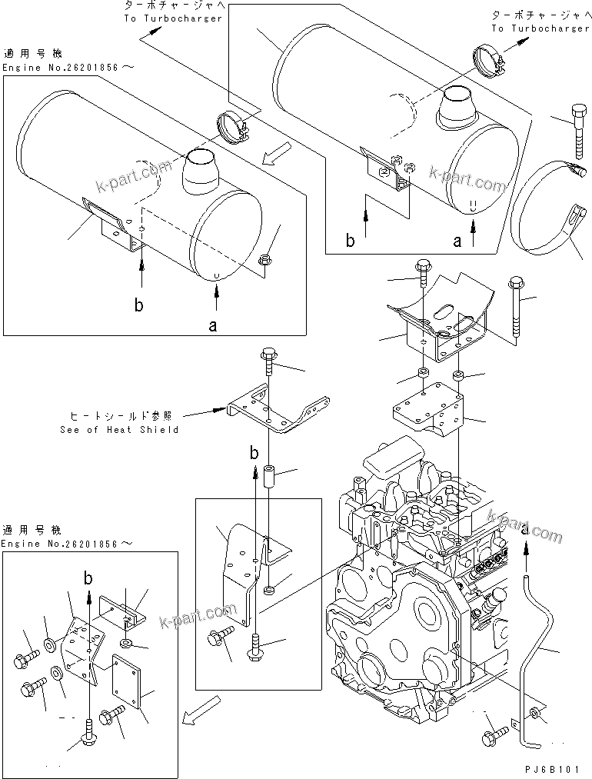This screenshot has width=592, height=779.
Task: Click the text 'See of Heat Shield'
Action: (119, 429)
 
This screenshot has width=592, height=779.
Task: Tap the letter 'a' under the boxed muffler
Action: (213, 326)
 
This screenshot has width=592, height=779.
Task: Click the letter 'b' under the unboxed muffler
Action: (350, 241)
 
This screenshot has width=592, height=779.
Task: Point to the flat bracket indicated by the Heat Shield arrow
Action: (277, 412)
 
